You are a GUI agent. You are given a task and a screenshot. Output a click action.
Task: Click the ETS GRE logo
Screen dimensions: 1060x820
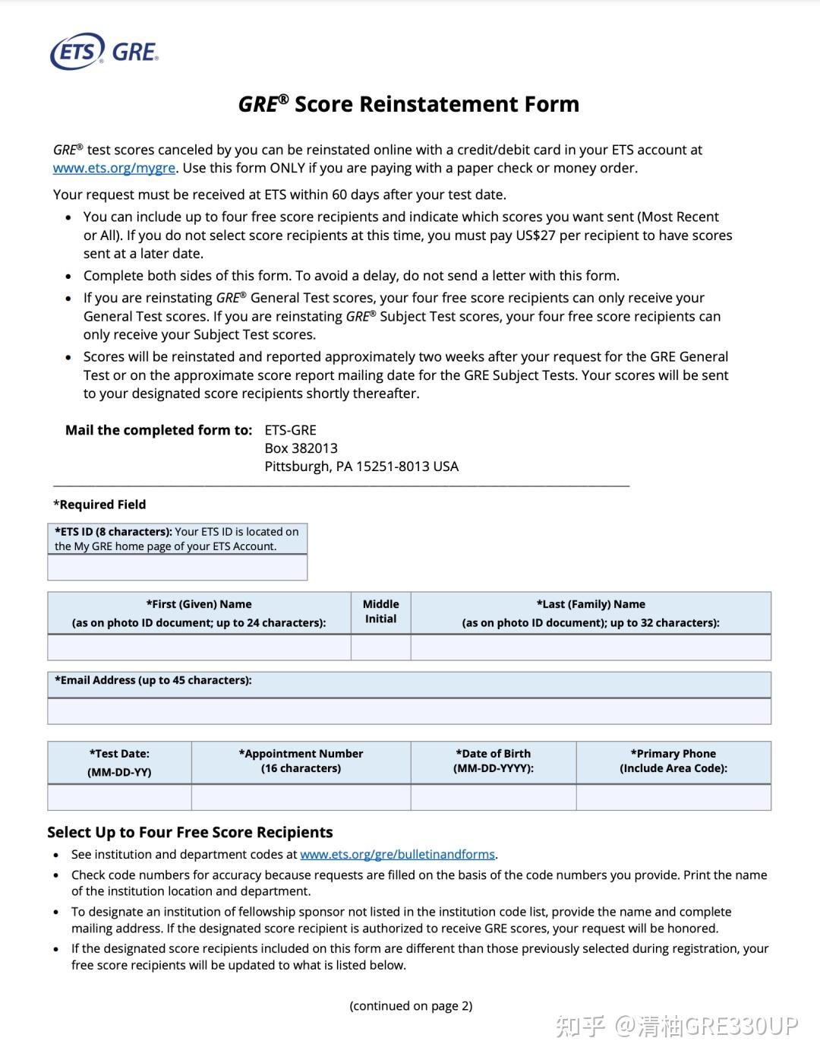coord(104,52)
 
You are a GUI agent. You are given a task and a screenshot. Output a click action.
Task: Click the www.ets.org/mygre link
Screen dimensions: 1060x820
coord(114,168)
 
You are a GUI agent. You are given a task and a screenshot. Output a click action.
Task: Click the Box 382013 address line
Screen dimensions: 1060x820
coord(301,448)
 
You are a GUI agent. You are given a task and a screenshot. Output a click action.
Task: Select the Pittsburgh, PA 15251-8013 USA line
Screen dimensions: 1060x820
coord(361,467)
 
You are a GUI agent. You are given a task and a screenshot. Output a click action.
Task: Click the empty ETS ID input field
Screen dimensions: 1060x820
coord(177,568)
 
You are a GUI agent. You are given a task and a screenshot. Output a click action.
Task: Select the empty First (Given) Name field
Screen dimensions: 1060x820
coord(199,647)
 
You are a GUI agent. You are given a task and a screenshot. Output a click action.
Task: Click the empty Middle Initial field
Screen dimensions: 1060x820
coord(380,647)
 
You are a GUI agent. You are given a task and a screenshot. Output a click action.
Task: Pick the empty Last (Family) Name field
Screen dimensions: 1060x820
coord(591,647)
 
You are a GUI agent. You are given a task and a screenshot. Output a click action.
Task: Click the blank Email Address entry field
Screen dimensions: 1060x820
coord(408,711)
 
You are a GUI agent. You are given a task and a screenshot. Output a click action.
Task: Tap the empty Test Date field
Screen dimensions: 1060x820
coord(119,797)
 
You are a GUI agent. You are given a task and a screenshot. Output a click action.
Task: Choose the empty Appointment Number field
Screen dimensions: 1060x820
coord(301,797)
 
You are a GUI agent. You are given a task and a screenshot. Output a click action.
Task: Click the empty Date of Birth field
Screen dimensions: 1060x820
coord(494,797)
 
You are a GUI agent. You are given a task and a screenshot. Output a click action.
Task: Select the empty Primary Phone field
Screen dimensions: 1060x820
coord(673,797)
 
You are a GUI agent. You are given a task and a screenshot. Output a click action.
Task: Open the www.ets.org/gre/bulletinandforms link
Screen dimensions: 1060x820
coord(397,854)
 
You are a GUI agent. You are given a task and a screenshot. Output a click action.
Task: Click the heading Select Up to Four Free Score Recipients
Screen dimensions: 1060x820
coord(190,832)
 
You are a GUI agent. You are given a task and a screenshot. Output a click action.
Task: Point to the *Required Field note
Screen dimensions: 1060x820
coord(99,505)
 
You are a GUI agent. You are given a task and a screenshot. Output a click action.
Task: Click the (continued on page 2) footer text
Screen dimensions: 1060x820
coord(411,1006)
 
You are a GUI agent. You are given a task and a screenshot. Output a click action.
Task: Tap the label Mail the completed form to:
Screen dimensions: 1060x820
coord(159,430)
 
